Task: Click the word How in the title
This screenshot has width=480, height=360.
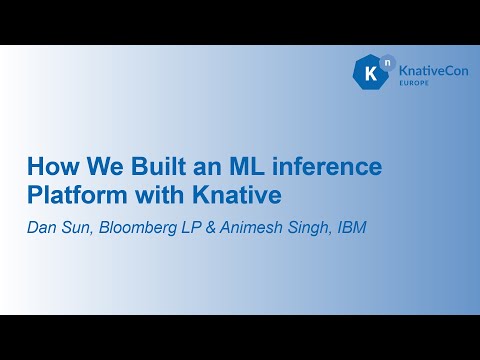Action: [x=51, y=165]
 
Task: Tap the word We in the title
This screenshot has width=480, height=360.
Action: [x=98, y=165]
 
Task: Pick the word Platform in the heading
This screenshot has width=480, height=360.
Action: [x=72, y=192]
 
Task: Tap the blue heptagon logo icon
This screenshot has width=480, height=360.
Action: [x=369, y=73]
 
